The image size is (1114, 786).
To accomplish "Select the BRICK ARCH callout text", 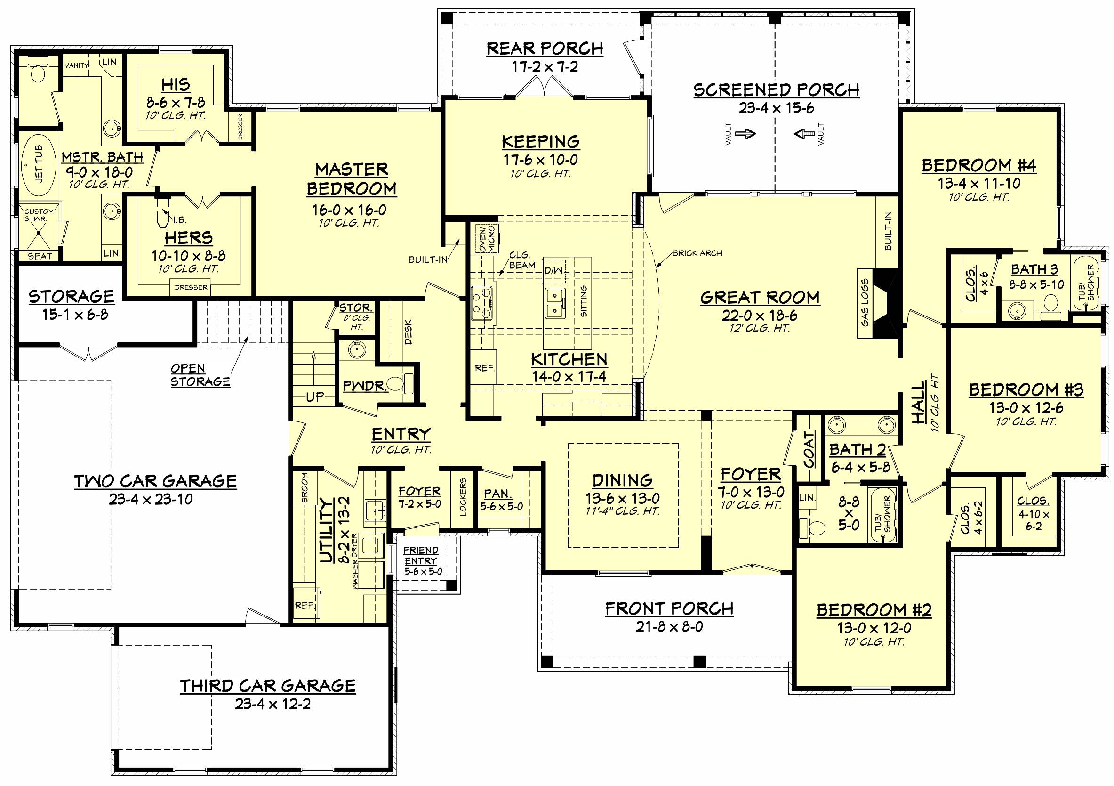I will [x=697, y=253].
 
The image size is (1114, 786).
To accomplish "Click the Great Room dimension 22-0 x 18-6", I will [x=760, y=316].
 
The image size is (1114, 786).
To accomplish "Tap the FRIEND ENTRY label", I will [x=421, y=555].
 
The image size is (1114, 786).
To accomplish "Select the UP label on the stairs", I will [x=314, y=397].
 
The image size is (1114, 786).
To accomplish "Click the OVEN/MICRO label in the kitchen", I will [x=486, y=238].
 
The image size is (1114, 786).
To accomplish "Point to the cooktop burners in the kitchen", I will [x=482, y=303].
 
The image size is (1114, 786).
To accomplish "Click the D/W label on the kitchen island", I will [x=553, y=269].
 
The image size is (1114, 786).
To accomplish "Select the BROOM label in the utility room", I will [x=305, y=488].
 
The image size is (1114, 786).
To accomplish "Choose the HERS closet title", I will [x=188, y=238].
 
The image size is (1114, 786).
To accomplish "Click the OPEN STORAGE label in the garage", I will [x=200, y=375].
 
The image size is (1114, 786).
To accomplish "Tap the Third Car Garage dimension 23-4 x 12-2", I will [x=272, y=704].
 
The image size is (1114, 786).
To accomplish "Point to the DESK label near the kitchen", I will [x=408, y=332].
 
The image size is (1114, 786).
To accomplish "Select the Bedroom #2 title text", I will [x=874, y=610].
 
